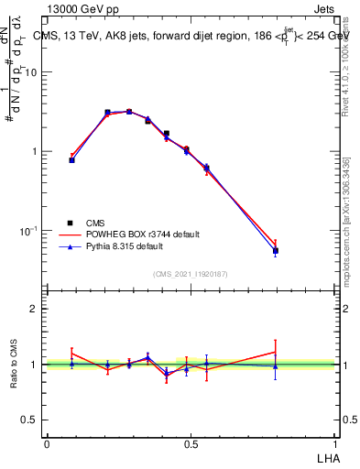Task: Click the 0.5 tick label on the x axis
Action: [191, 443]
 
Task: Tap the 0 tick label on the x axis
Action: [47, 443]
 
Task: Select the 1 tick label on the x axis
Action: [336, 443]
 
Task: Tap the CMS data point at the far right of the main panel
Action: [275, 251]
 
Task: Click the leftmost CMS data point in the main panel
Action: [72, 160]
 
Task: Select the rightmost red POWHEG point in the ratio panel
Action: [275, 352]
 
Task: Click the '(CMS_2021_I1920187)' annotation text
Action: [191, 273]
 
